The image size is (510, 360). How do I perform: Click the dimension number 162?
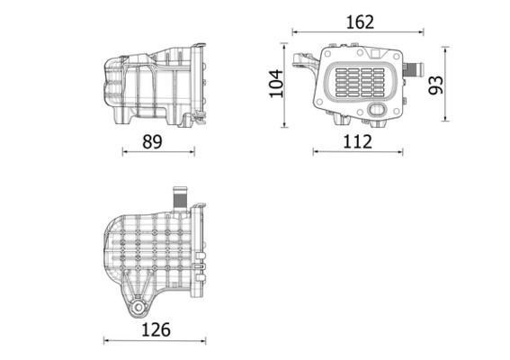pos(360,21)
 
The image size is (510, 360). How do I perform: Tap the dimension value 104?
pos(277,83)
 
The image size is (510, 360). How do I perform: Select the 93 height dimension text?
pos(436,85)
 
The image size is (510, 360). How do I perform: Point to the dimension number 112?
pos(357,140)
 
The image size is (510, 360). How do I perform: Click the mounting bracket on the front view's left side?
pos(303,65)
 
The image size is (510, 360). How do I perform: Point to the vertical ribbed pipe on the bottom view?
pos(178,194)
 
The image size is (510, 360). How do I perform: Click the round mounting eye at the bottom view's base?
pos(136,308)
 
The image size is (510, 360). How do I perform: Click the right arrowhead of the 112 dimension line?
pos(401,152)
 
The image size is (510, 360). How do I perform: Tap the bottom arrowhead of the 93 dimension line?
pos(447,118)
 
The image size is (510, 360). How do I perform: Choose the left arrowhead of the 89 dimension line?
pos(124,152)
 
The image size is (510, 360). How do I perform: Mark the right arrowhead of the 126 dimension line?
pos(207,340)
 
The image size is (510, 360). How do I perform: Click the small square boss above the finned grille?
pos(334,45)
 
